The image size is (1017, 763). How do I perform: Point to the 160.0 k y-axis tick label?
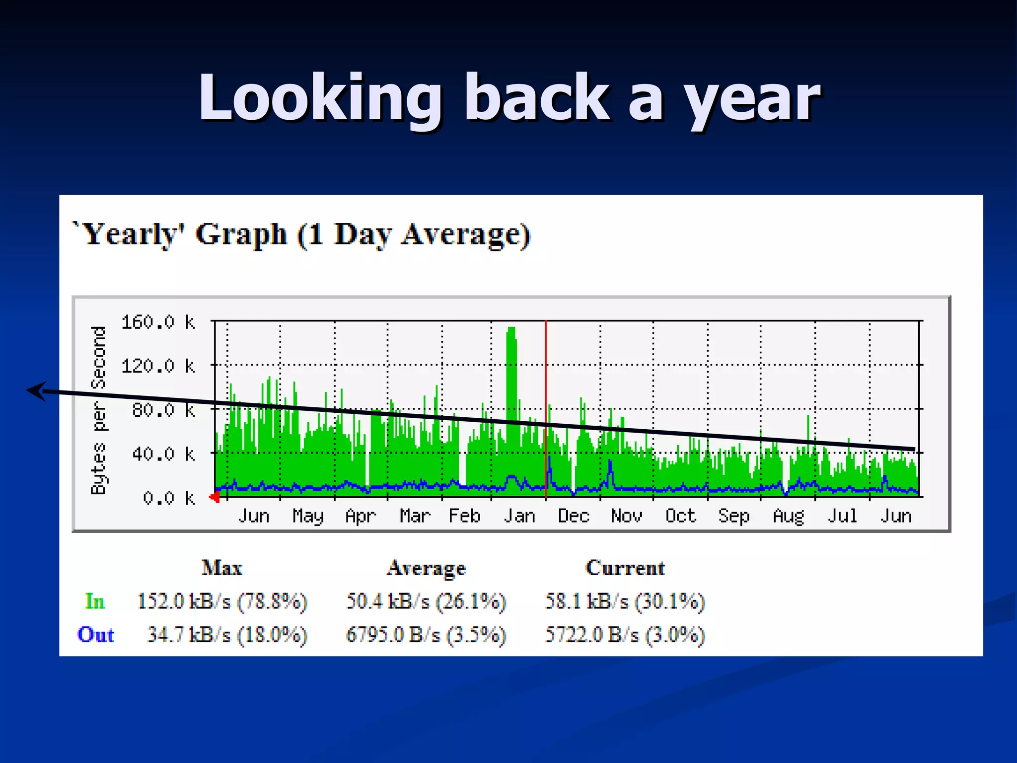pyautogui.click(x=158, y=322)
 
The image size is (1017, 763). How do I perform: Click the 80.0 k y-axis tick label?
pyautogui.click(x=163, y=410)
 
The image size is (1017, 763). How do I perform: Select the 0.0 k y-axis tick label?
pyautogui.click(x=168, y=498)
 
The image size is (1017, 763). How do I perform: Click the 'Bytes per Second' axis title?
pyautogui.click(x=98, y=410)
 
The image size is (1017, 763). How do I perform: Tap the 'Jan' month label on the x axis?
pyautogui.click(x=519, y=516)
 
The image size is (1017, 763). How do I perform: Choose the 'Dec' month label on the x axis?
pyautogui.click(x=574, y=516)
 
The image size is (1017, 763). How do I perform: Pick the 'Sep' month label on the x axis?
pyautogui.click(x=733, y=516)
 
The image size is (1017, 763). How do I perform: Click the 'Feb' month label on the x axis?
pyautogui.click(x=464, y=516)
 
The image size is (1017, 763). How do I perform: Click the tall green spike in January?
pyautogui.click(x=511, y=378)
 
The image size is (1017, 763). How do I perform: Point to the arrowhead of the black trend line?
pyautogui.click(x=35, y=391)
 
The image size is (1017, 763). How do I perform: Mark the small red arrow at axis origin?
pyautogui.click(x=215, y=497)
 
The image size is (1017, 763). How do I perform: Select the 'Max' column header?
pyautogui.click(x=221, y=568)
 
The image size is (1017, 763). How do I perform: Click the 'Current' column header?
pyautogui.click(x=625, y=568)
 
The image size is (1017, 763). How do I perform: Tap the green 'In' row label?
pyautogui.click(x=94, y=602)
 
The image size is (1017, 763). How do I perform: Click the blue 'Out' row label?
pyautogui.click(x=95, y=635)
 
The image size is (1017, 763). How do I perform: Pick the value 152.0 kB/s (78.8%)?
pyautogui.click(x=222, y=602)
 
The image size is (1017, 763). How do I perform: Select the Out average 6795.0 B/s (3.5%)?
pyautogui.click(x=426, y=635)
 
